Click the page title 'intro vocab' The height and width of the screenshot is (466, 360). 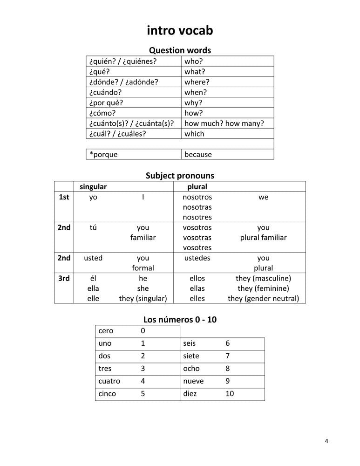[x=180, y=31]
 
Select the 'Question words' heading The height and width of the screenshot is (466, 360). [x=180, y=50]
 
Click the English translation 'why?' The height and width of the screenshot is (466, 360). [x=193, y=103]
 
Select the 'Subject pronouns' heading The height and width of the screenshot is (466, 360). [x=180, y=176]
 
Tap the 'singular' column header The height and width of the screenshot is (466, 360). [x=93, y=186]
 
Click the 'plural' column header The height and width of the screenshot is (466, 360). [x=197, y=186]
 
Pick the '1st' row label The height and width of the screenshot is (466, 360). [x=64, y=197]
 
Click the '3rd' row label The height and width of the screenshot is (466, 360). [x=64, y=279]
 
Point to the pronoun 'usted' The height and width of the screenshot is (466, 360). [x=93, y=258]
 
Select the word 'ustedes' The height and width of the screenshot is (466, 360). [x=197, y=258]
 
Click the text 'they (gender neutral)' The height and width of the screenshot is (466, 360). [x=264, y=299]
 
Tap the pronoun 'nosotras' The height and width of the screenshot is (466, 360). [x=197, y=207]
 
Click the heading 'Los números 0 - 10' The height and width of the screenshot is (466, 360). [x=180, y=320]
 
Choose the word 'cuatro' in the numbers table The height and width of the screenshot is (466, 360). [x=109, y=381]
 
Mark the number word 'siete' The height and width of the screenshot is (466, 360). [x=191, y=356]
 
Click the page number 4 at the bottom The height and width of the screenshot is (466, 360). [x=327, y=441]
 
